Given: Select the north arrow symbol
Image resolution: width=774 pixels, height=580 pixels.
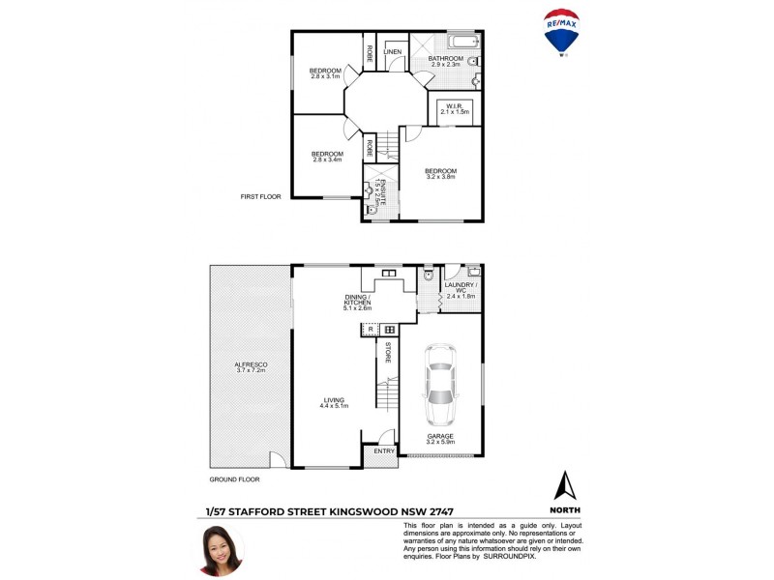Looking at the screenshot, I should coord(564,486).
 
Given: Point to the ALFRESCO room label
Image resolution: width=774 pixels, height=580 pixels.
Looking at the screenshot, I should coord(251,364).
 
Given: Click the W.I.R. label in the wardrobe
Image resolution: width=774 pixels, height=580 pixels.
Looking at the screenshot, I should coord(454,106).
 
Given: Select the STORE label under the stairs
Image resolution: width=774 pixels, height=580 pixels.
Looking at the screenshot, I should coord(388,352).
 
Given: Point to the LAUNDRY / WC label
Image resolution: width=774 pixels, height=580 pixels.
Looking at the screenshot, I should coord(460,286).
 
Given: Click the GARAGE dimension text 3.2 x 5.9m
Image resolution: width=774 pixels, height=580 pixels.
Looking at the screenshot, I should coord(440,443).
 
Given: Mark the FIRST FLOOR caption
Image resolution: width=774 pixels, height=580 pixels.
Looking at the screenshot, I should coord(260,196).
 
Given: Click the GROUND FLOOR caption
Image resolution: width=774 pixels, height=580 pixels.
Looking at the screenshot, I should coord(234,478).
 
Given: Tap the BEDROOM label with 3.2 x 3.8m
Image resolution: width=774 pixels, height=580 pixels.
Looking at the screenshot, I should coord(440,176).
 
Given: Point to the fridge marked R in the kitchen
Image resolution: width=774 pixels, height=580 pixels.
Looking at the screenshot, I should coord(368,330).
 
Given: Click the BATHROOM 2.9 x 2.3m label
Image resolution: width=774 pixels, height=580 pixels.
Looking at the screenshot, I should coord(448,61).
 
